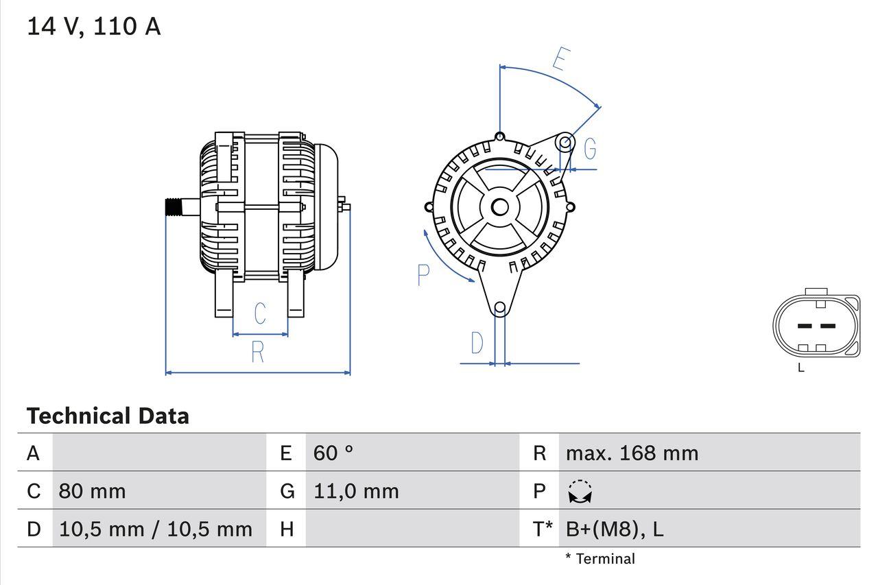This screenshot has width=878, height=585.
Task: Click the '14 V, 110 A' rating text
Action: click(93, 26)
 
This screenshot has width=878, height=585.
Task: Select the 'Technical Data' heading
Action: click(108, 416)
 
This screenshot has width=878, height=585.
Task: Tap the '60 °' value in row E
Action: click(333, 453)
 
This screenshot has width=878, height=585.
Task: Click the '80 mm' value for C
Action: click(92, 491)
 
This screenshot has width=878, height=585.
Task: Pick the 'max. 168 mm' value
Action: click(632, 453)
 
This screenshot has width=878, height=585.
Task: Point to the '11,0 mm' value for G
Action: click(356, 491)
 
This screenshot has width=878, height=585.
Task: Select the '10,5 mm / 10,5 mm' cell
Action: click(156, 529)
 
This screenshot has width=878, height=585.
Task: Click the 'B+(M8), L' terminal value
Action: click(615, 529)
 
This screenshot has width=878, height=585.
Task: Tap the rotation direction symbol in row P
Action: click(580, 492)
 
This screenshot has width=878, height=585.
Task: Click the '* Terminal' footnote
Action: click(600, 558)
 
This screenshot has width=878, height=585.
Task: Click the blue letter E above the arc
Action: click(560, 60)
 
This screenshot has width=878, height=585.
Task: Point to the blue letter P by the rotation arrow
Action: click(423, 275)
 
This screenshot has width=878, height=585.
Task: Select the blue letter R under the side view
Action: click(257, 352)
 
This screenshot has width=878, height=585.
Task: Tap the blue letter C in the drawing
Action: click(260, 313)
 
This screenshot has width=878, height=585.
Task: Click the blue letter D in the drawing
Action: click(477, 343)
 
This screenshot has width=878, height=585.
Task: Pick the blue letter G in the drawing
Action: click(589, 148)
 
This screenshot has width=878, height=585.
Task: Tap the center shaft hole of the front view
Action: click(499, 206)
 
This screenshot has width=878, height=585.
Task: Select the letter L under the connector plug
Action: click(801, 368)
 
